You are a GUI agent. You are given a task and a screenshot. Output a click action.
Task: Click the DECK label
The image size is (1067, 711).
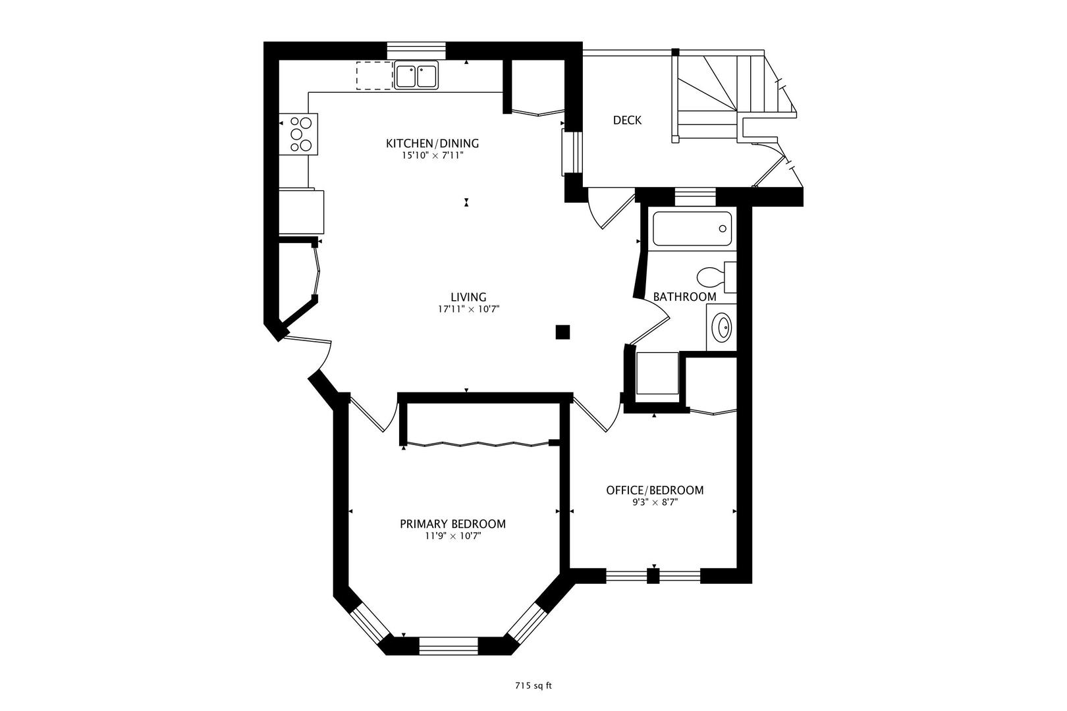point(627,120)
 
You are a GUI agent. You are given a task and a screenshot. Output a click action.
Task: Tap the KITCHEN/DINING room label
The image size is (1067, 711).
point(432,144)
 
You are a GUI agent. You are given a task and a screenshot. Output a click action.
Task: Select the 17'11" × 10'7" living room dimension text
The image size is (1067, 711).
point(468,309)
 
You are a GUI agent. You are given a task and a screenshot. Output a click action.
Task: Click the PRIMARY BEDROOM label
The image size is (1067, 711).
point(452,524)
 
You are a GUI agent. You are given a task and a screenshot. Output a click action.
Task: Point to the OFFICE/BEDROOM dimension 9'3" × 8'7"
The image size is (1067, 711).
point(654,502)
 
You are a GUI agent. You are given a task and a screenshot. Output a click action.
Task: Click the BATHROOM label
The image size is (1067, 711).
point(684,297)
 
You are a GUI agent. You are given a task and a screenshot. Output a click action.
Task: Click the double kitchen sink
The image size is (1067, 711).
point(417,76)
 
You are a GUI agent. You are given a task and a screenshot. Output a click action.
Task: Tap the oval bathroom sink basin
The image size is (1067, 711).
point(723,327)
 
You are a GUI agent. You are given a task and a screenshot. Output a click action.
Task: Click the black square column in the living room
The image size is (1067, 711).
point(562,332)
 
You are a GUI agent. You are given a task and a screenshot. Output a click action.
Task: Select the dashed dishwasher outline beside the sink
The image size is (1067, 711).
point(374,76)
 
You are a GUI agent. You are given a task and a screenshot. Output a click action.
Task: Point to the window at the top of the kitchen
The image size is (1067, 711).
point(416,49)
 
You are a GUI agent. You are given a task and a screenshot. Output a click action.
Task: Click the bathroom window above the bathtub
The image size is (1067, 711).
point(694,196)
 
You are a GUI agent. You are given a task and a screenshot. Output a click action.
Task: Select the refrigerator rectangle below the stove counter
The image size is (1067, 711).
point(301,211)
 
